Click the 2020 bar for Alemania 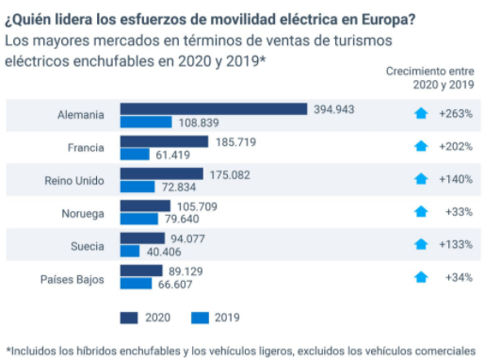(215, 109)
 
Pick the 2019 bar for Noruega (138, 220)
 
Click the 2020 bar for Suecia (142, 238)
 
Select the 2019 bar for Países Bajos (137, 284)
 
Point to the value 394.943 (334, 109)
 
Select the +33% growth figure (458, 212)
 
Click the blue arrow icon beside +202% (421, 147)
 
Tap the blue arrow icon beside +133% (421, 245)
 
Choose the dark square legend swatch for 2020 (128, 318)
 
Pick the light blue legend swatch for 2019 (199, 318)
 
